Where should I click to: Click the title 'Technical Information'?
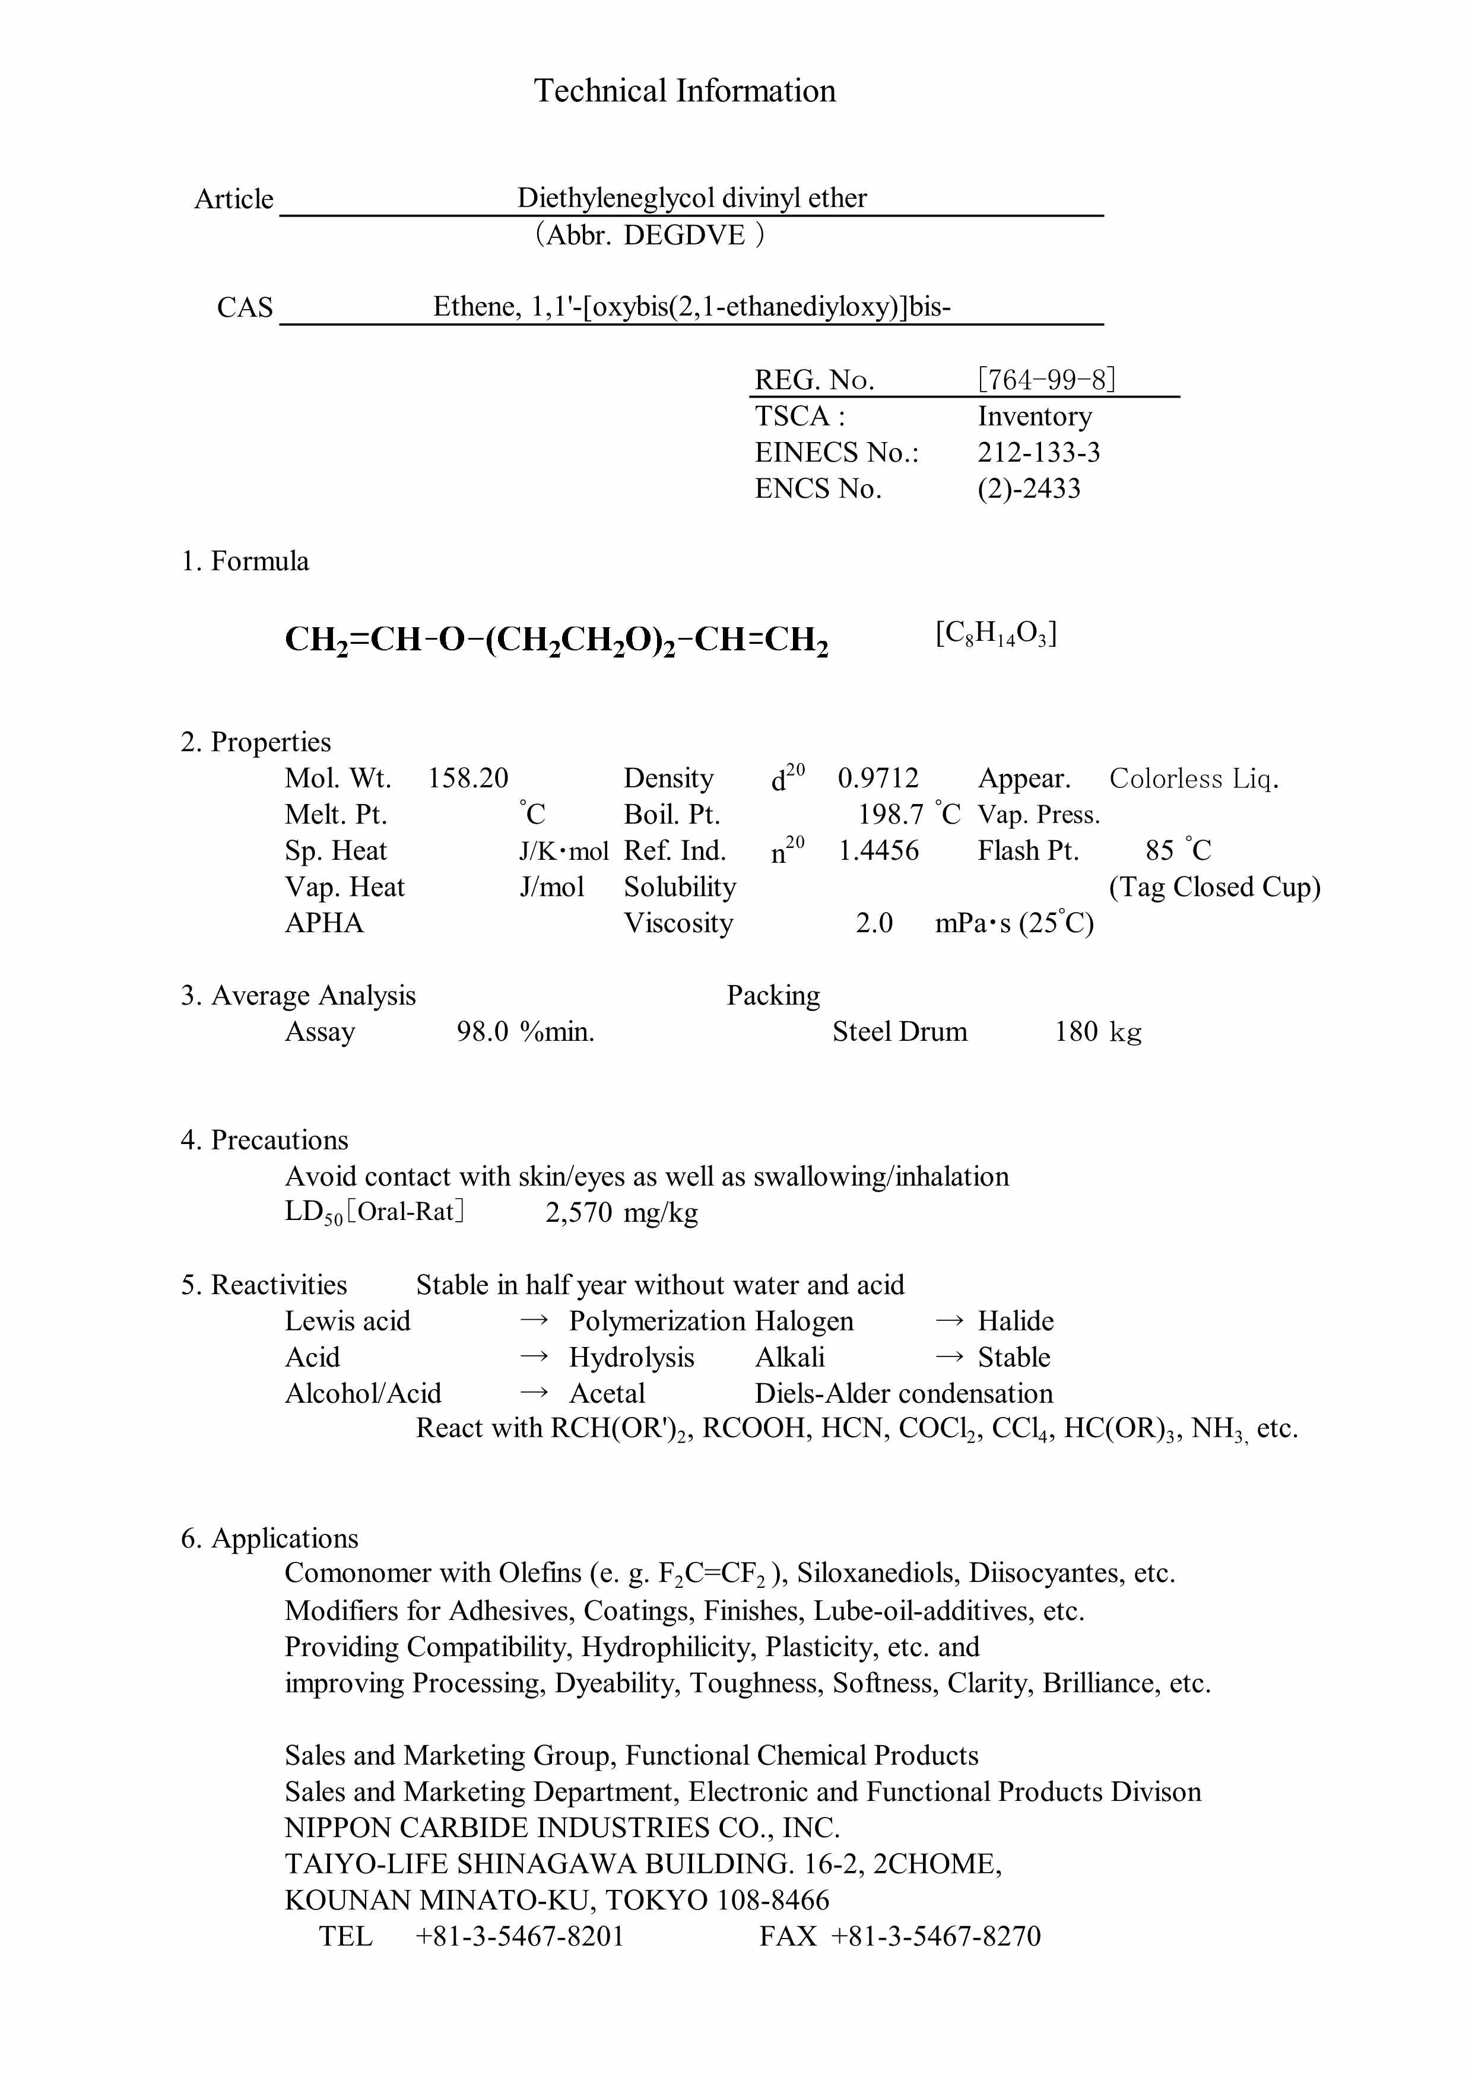684,91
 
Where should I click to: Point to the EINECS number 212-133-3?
1038,452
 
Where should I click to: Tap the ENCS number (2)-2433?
1029,488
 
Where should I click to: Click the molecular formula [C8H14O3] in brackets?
996,634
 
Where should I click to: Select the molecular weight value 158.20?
468,778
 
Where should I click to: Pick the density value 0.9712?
877,778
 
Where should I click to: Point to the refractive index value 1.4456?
877,850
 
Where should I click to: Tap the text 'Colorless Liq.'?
1194,778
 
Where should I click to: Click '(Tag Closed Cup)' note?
1214,887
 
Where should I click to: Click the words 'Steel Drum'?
899,1031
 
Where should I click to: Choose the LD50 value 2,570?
578,1212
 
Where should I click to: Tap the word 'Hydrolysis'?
631,1357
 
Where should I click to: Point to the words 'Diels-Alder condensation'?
904,1393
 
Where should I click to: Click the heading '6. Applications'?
270,1538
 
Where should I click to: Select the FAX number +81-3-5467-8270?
935,1936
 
